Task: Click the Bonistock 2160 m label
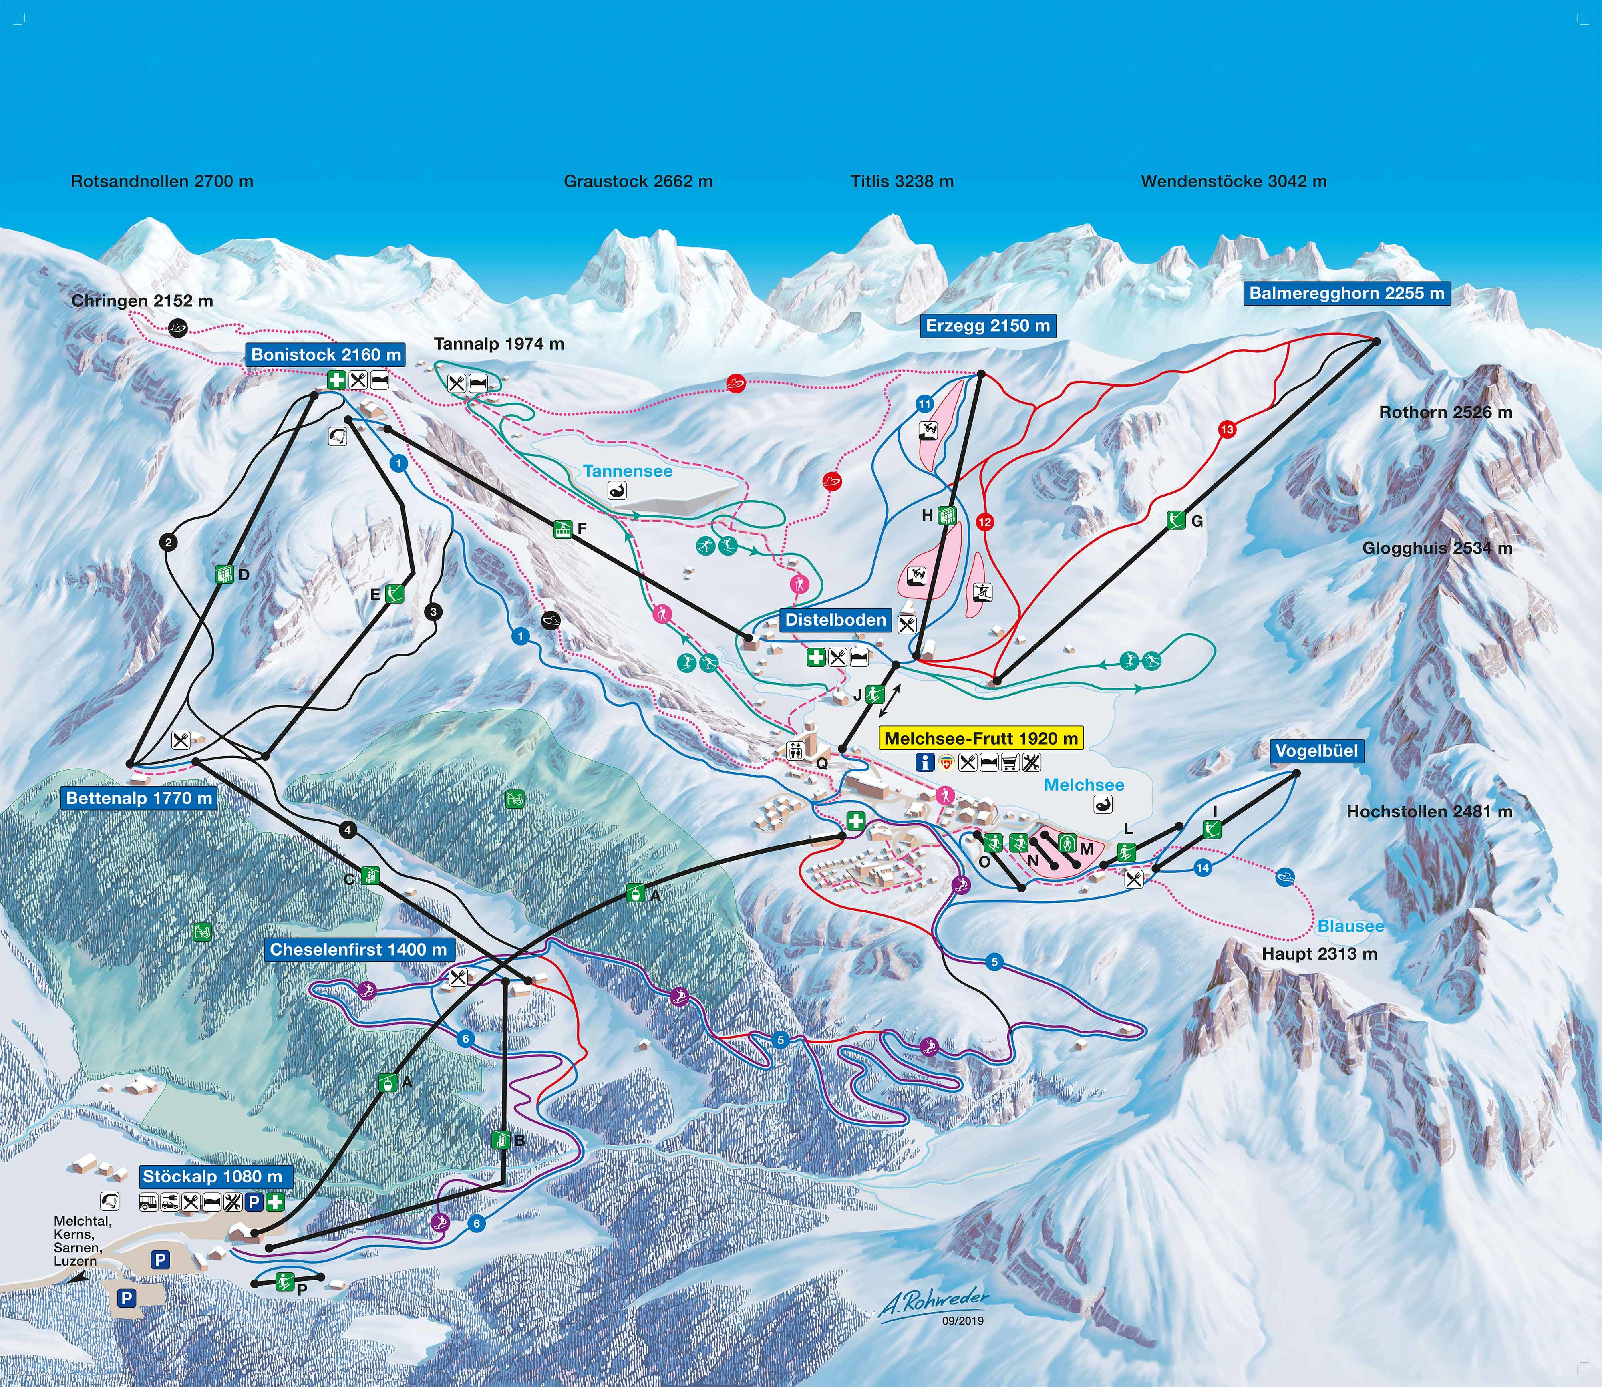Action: (326, 354)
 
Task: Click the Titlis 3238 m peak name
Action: (902, 181)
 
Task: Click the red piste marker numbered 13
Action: (1227, 429)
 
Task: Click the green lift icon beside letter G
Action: (1175, 520)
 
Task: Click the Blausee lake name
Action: (1350, 926)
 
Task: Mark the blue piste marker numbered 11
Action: (925, 403)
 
